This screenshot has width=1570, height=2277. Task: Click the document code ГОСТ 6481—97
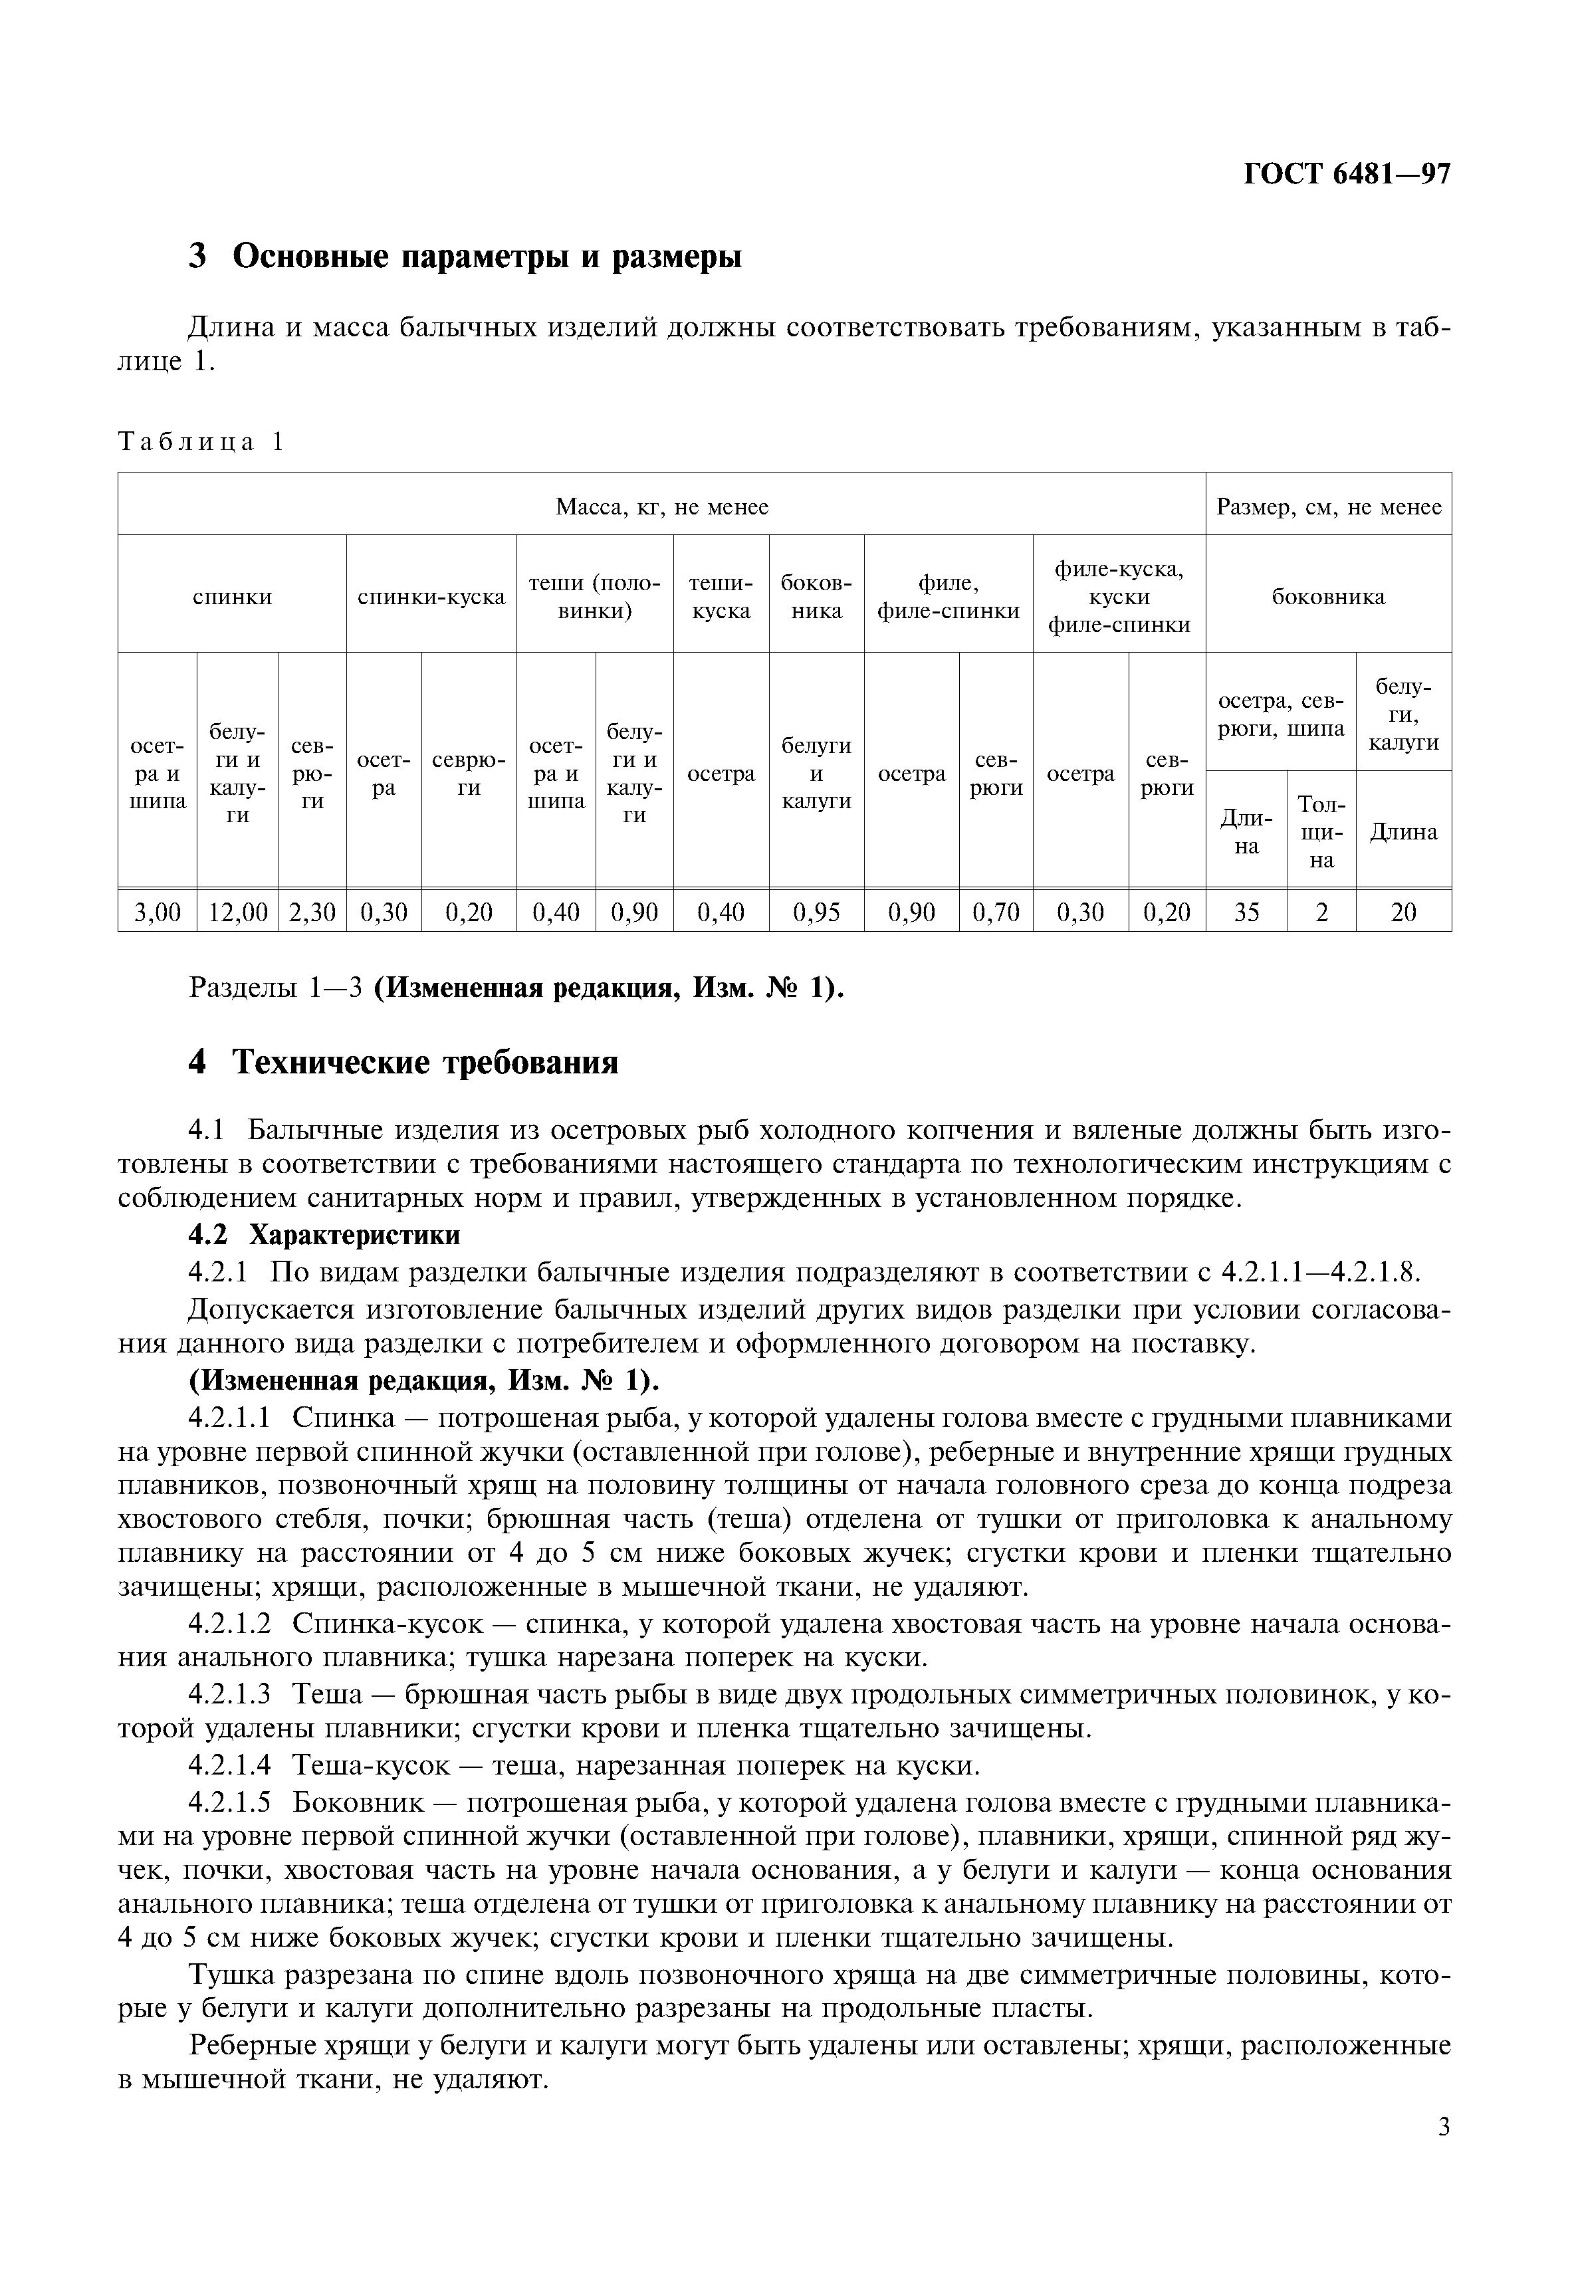pos(1347,174)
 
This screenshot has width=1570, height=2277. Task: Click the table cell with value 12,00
pos(237,912)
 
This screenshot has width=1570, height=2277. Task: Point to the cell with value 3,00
pos(158,912)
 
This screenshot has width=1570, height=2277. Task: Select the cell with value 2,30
pos(312,912)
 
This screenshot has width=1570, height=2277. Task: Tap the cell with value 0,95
pos(816,912)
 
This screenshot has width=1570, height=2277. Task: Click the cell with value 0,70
pos(996,912)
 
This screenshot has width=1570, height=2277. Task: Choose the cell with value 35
pos(1246,912)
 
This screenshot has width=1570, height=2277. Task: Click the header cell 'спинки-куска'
pos(431,597)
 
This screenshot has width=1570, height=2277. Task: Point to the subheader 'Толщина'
pos(1321,832)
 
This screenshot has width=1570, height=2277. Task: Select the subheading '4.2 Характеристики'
pos(324,1234)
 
